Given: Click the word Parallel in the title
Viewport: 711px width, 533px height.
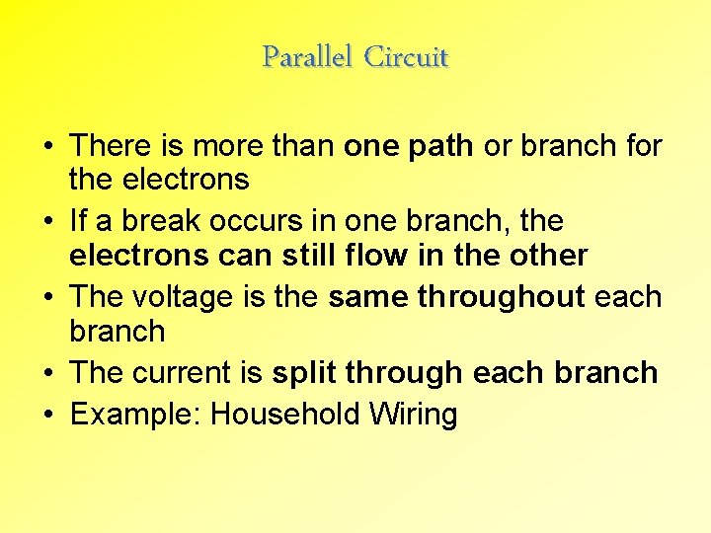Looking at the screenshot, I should (308, 57).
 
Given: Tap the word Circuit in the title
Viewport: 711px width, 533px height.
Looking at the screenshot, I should (406, 57).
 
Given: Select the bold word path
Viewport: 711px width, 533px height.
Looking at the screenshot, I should (445, 146).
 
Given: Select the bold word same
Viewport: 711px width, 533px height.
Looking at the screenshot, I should (368, 296).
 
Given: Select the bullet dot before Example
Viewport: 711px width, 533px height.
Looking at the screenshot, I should (47, 415).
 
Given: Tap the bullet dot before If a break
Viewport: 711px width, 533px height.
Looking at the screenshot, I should (47, 220).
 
